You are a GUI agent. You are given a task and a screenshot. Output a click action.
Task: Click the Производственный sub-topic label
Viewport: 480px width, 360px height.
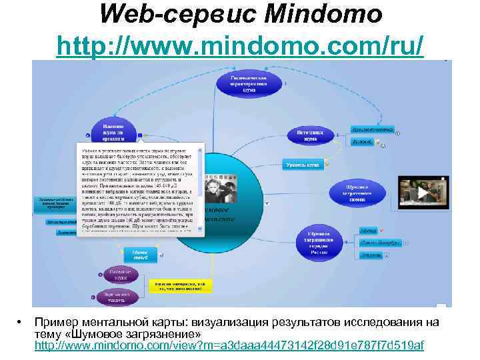tap(371, 129)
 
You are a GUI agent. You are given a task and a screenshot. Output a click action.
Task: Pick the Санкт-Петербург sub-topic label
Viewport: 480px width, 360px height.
tap(381, 243)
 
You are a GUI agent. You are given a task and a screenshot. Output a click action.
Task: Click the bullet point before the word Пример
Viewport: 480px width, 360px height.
tap(20, 323)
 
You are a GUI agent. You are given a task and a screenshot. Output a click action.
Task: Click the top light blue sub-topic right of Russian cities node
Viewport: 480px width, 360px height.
tap(369, 230)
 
